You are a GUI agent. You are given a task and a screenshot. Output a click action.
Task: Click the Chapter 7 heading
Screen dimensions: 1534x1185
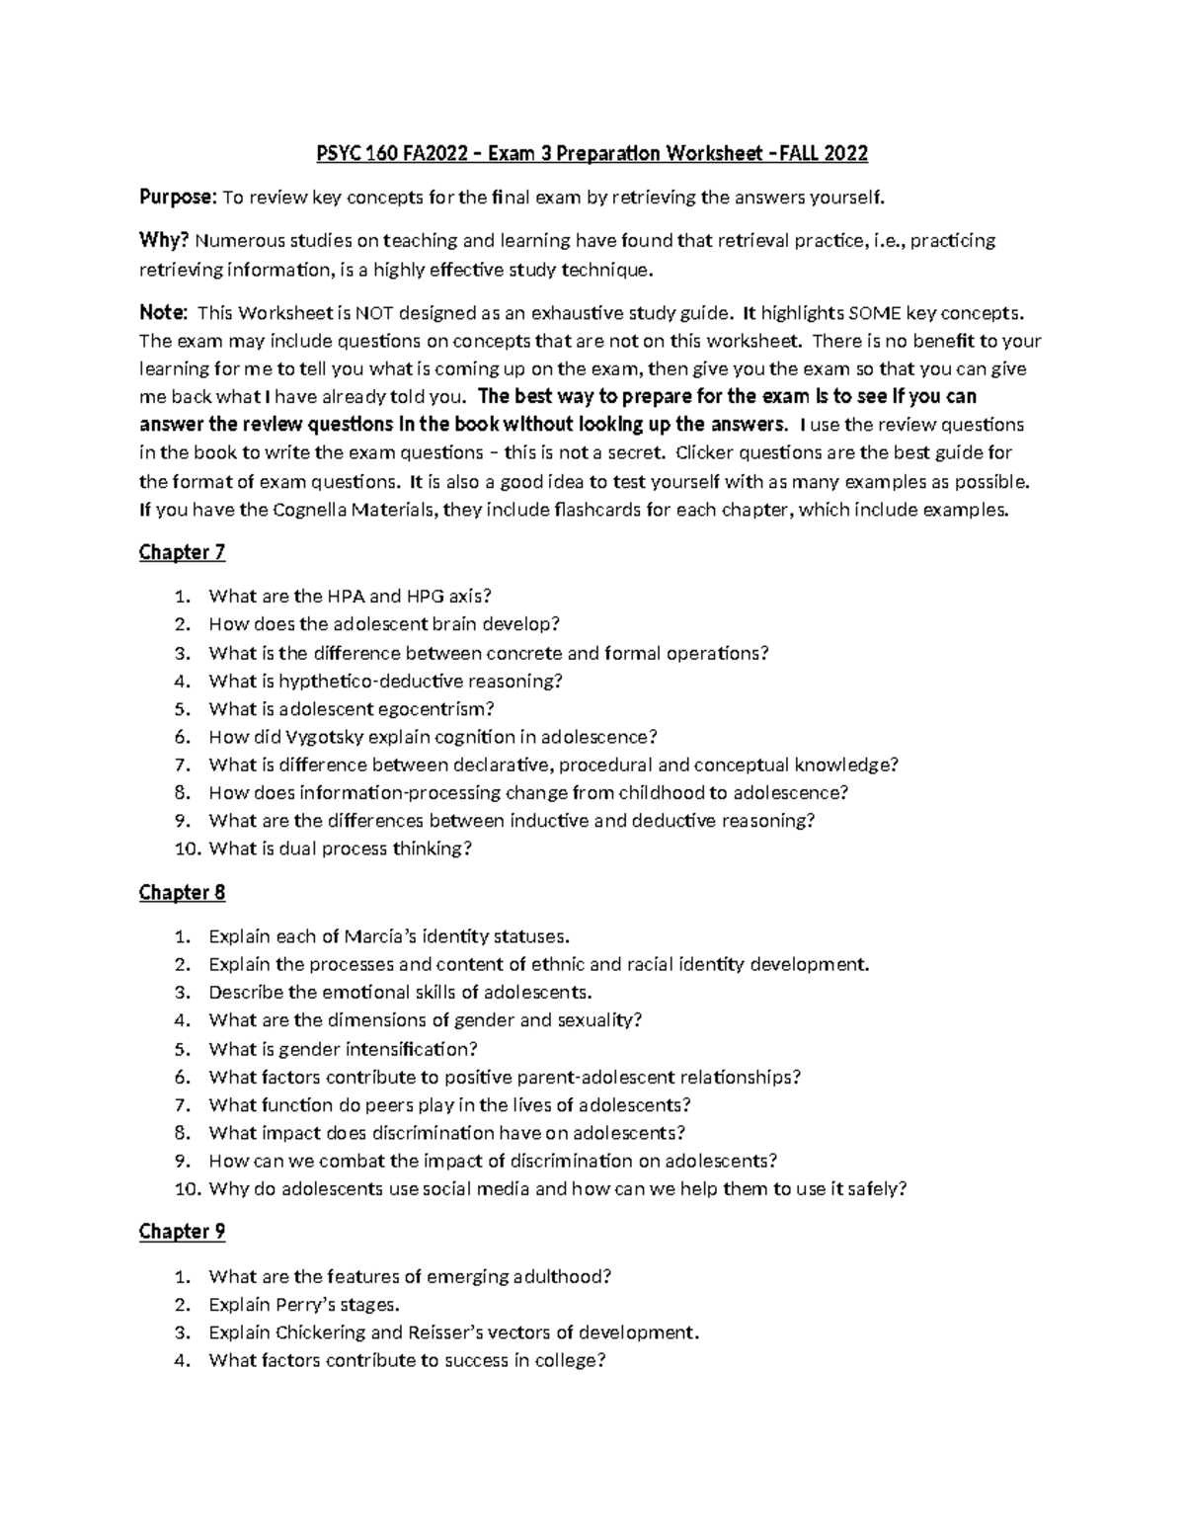click(x=182, y=552)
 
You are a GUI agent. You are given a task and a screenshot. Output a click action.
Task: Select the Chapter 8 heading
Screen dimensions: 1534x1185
click(x=182, y=893)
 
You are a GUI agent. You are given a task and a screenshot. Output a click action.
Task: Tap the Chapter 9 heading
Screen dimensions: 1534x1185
click(x=182, y=1232)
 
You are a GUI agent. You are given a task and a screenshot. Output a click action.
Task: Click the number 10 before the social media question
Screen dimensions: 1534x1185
click(x=187, y=1189)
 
